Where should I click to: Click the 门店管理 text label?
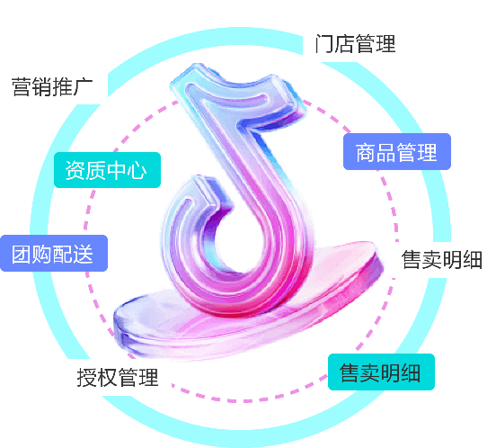tap(355, 44)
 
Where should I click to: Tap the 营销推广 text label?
tap(52, 86)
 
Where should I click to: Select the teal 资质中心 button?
tap(107, 170)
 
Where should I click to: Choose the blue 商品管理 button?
tap(397, 152)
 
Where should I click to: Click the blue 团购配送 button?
tap(54, 254)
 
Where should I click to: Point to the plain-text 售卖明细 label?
tap(441, 260)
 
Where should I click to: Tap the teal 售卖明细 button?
tap(381, 372)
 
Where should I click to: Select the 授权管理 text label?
tap(118, 377)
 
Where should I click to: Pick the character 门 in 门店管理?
tap(324, 44)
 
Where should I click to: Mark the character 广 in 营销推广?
tap(83, 86)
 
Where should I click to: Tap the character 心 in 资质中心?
tap(137, 170)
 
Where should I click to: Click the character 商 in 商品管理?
tap(366, 152)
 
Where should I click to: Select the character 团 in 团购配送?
tap(22, 254)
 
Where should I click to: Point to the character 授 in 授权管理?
tap(86, 377)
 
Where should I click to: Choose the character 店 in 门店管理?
tap(344, 44)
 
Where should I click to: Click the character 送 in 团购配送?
tap(83, 254)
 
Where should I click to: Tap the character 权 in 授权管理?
tap(107, 377)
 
